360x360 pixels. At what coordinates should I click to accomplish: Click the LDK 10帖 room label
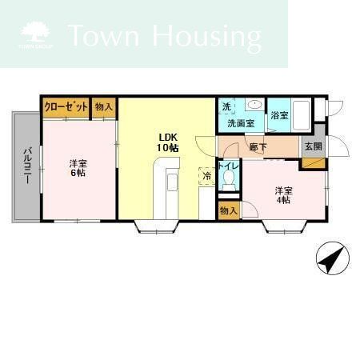click(x=167, y=142)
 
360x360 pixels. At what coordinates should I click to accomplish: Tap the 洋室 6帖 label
click(x=78, y=168)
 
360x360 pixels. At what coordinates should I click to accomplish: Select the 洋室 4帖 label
click(x=283, y=195)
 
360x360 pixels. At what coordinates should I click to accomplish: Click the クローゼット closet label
click(x=66, y=107)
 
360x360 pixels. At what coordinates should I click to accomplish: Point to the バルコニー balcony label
click(x=27, y=166)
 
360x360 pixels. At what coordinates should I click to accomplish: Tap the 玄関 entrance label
click(x=314, y=146)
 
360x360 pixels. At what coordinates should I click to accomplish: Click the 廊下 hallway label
click(x=258, y=147)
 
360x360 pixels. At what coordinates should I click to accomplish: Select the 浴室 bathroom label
click(x=279, y=115)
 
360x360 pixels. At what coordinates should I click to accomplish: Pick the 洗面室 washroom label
click(x=241, y=123)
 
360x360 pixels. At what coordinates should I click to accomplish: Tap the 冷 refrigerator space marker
click(x=207, y=176)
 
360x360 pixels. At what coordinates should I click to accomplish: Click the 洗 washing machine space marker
click(x=226, y=107)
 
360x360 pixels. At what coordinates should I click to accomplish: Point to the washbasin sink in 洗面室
click(x=254, y=103)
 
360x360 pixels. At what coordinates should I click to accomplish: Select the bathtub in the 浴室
click(x=301, y=114)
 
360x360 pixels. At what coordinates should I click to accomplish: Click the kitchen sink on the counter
click(x=172, y=182)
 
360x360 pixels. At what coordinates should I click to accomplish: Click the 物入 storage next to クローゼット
click(x=104, y=107)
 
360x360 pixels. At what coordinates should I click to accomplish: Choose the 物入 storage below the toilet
click(x=229, y=210)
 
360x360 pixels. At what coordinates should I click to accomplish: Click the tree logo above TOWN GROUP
click(x=35, y=32)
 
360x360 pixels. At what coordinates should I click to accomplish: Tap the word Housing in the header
click(x=207, y=37)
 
